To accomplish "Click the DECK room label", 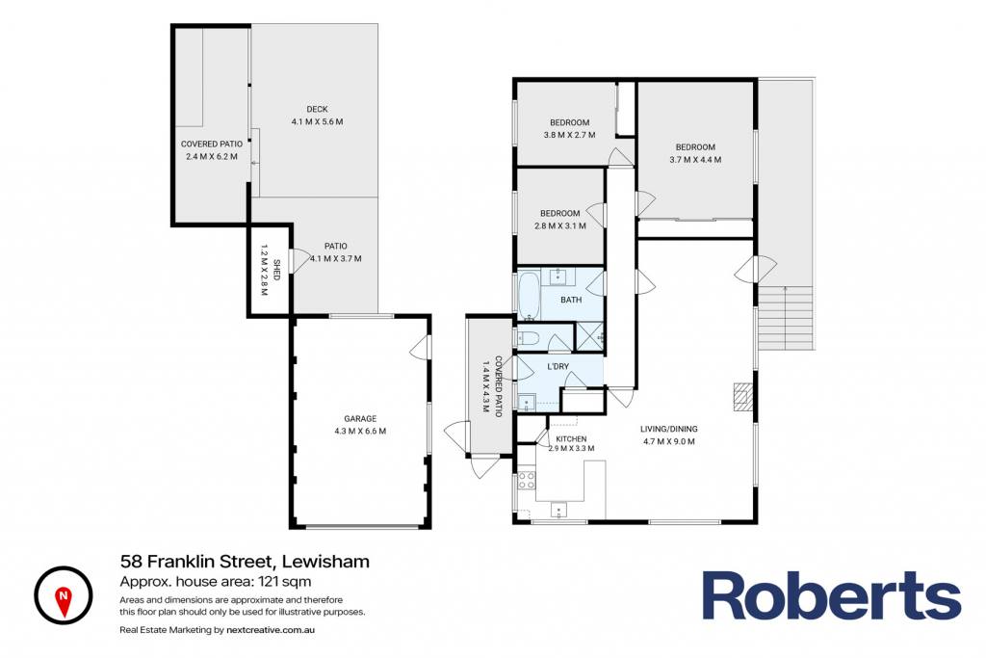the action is (317, 110).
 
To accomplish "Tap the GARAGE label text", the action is (360, 419).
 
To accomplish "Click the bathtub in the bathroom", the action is (529, 295).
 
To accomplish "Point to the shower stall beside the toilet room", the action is (589, 336).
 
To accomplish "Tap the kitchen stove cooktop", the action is (527, 481).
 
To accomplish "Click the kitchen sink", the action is (559, 511).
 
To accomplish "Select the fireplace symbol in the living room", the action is (743, 397).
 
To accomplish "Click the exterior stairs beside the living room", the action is (786, 318).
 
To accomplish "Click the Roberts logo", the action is (831, 595).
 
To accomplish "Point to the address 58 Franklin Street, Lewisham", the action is (245, 561).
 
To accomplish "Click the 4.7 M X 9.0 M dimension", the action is (669, 441).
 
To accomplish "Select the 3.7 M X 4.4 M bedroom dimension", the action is (695, 160).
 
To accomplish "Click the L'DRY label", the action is (558, 367).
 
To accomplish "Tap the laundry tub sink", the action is (527, 402).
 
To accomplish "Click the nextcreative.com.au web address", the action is (271, 630).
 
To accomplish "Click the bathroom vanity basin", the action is (558, 276).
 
